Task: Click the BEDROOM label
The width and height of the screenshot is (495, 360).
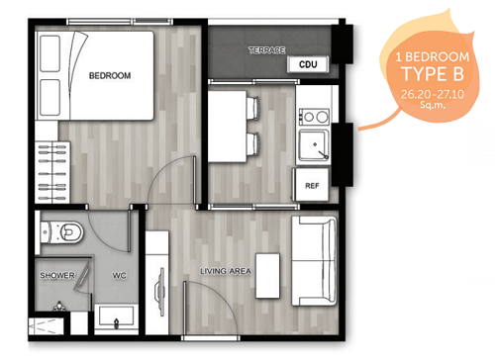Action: click(x=110, y=74)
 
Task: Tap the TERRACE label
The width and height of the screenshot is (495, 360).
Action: click(x=266, y=49)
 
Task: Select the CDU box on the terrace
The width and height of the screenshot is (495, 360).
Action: click(x=308, y=65)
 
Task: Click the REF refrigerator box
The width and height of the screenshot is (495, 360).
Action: click(x=312, y=185)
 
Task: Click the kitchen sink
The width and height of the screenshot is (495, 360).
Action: click(x=315, y=146)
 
